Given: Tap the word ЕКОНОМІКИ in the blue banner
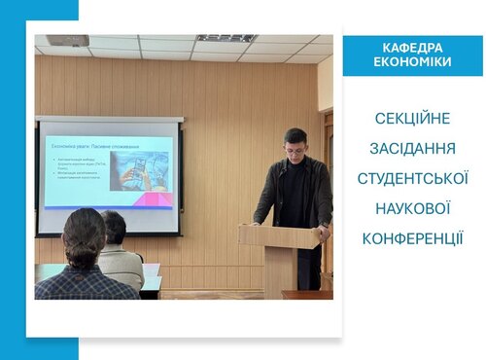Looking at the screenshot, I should point(412,61).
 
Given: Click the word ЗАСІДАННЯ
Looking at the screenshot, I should point(412,149).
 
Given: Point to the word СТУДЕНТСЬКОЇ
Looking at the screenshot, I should point(412,179).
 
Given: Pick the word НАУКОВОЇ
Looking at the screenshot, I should point(412,208).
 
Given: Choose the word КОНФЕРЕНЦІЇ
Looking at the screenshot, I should point(412,238).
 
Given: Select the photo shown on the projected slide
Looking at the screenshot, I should point(142,169).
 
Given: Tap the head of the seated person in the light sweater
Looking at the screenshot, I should point(114,228).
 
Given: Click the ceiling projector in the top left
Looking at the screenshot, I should point(67,41).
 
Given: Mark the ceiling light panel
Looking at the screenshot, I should point(226,38).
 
